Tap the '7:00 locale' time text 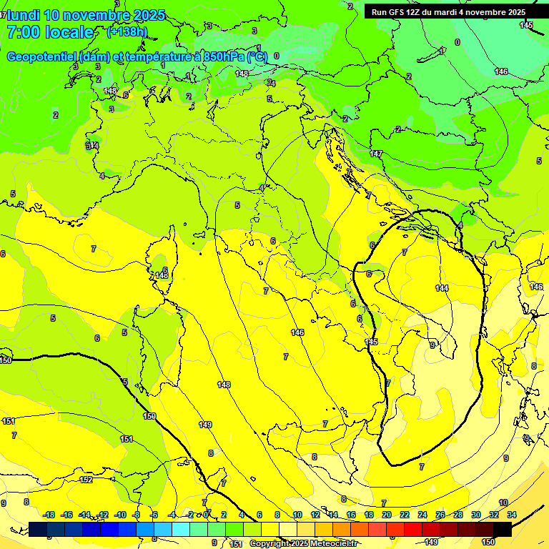point(50,32)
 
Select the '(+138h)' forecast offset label point(127,32)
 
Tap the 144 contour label point(442,287)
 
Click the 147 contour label point(376,154)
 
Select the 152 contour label point(86,480)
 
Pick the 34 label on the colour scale point(512,515)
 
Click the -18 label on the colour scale point(49,515)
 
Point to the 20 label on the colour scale point(387,515)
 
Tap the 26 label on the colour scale point(440,515)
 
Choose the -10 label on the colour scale point(121,515)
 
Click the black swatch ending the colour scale point(503,529)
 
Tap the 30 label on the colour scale point(476,515)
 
